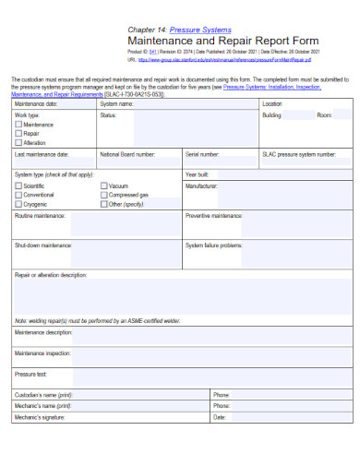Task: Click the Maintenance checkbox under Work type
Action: tap(18, 125)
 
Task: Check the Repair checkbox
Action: tap(18, 134)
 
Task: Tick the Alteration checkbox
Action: tap(18, 143)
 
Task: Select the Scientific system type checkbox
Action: tap(18, 185)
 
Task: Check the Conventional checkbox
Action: tap(18, 195)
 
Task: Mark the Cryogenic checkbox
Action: tap(18, 204)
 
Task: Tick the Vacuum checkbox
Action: tap(103, 185)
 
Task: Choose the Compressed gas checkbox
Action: tap(103, 195)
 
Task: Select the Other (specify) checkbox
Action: tap(103, 204)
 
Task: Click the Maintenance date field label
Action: tap(36, 104)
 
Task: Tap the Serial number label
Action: tap(202, 154)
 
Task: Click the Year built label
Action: tap(198, 173)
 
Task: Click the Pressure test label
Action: tap(30, 375)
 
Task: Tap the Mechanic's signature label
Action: tap(40, 417)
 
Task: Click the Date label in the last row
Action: tap(220, 417)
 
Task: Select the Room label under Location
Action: tap(324, 115)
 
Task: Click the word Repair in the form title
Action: tap(243, 42)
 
